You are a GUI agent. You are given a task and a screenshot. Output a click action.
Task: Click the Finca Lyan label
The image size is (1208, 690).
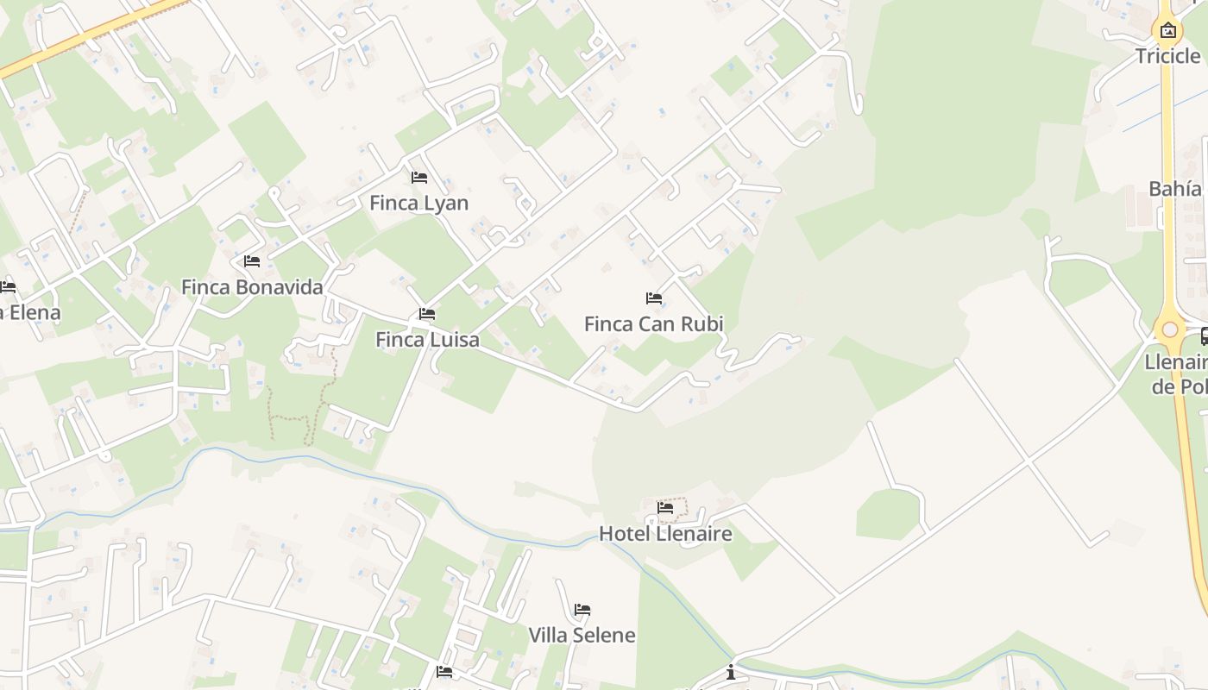[418, 204]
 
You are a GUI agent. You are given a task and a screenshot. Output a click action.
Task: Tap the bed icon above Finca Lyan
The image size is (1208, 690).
[419, 178]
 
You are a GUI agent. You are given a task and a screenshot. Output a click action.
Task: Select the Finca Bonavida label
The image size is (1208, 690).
[252, 287]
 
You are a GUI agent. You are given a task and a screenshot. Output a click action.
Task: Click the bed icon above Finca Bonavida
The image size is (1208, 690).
[252, 260]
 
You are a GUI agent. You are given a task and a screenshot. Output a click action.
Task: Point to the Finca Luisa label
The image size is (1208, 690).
[427, 340]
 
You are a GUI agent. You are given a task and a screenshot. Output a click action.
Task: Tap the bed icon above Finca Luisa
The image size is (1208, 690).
[427, 314]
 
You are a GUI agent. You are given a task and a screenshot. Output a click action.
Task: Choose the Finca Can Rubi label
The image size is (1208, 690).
[653, 324]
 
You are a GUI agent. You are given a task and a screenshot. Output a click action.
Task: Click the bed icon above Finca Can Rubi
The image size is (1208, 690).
[654, 298]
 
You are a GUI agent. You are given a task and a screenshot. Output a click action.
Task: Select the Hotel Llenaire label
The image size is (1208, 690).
[665, 534]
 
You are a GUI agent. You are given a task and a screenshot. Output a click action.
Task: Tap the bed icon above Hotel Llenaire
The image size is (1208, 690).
[665, 508]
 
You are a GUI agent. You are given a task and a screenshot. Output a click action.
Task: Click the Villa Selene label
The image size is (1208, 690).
[582, 636]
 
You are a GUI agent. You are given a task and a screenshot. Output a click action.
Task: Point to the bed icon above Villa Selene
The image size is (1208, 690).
[582, 610]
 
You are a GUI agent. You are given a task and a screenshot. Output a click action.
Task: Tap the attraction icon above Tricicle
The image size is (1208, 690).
[1167, 31]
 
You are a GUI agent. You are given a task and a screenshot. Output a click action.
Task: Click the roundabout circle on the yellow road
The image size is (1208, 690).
[1170, 329]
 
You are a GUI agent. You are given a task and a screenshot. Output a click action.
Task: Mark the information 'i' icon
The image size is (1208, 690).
[731, 672]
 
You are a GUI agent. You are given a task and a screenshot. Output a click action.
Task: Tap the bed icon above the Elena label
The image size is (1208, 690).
[8, 286]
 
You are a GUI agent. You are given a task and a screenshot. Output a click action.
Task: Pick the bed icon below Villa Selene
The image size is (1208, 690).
[444, 671]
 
